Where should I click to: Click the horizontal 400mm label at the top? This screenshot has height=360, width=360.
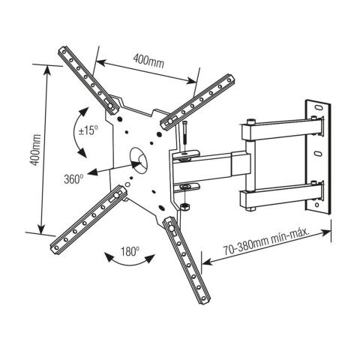tap(148, 61)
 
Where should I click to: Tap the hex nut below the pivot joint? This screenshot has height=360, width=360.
tap(184, 204)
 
